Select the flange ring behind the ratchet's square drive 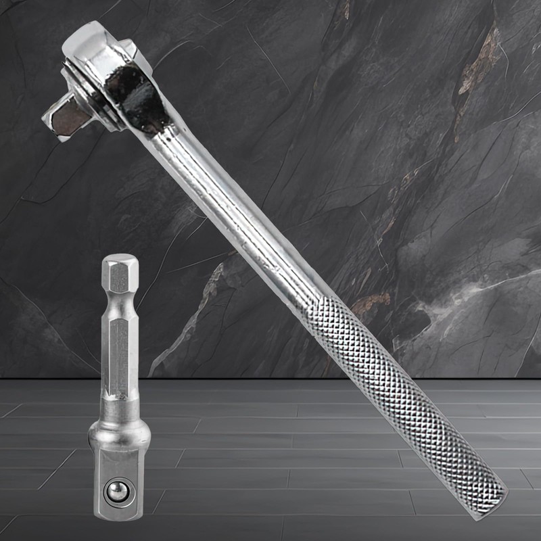coord(101,108)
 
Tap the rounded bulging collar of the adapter coord(120,433)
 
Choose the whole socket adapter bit coord(120,392)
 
